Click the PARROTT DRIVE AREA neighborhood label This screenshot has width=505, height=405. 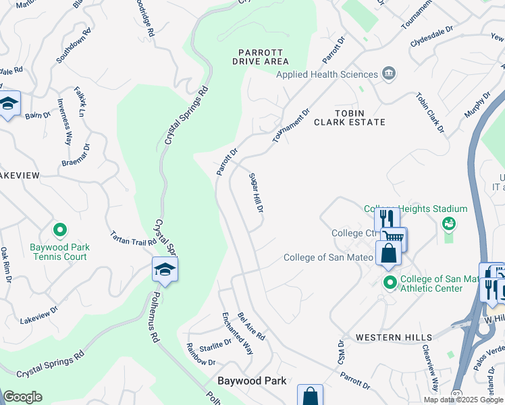pyautogui.click(x=261, y=57)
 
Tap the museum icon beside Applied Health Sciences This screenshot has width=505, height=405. pyautogui.click(x=389, y=74)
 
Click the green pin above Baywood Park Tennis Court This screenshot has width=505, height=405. pyautogui.click(x=60, y=231)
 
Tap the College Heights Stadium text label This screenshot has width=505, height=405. pyautogui.click(x=416, y=209)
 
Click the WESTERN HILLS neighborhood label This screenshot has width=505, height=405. pyautogui.click(x=375, y=337)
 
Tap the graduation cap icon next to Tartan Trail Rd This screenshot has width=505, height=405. pyautogui.click(x=165, y=270)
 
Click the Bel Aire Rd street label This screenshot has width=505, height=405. pyautogui.click(x=251, y=326)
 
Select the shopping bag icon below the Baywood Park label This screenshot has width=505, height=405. pyautogui.click(x=310, y=396)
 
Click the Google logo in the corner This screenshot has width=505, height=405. pyautogui.click(x=22, y=397)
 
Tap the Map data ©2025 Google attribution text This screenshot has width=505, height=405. pyautogui.click(x=462, y=400)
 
